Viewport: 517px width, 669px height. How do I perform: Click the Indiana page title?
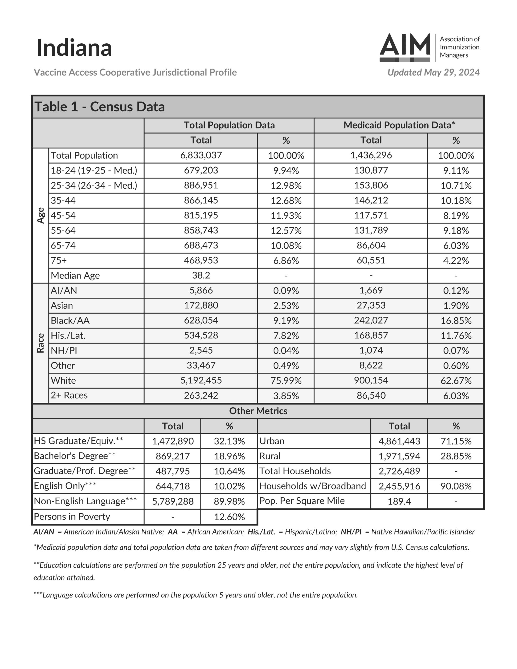point(74,48)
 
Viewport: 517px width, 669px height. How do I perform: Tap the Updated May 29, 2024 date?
point(433,72)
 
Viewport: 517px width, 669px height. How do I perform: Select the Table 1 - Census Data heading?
point(100,107)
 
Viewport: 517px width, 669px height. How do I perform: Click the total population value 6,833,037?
point(201,155)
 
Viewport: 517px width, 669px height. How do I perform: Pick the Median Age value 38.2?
point(201,275)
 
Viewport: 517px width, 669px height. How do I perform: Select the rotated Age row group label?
point(41,215)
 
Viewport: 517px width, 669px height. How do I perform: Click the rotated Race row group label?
point(41,343)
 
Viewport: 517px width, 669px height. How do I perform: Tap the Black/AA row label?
point(70,320)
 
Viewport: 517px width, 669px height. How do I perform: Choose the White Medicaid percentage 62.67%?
point(456,380)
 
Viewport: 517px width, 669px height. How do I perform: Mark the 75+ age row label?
point(59,260)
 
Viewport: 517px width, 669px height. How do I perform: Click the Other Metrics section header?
point(258,411)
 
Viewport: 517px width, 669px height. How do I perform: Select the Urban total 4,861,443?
point(399,441)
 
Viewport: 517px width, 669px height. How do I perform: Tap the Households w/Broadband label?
point(313,486)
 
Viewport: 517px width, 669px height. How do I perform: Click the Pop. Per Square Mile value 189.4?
point(399,501)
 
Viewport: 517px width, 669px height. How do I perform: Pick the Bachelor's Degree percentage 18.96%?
point(229,456)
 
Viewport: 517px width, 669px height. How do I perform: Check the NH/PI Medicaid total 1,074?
point(371,350)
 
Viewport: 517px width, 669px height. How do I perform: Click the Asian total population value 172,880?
point(201,305)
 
